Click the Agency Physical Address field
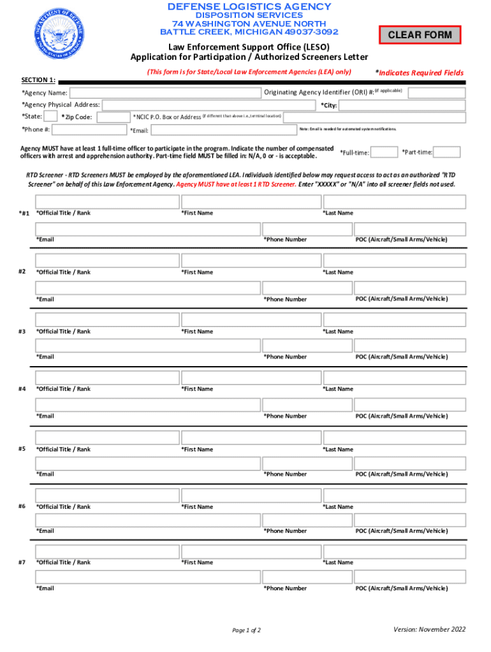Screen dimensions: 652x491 [x=209, y=105]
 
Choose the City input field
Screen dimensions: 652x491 [x=400, y=105]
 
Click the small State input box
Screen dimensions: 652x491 [x=51, y=117]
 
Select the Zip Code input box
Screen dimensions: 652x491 [x=113, y=117]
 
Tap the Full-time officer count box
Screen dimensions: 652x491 [x=385, y=152]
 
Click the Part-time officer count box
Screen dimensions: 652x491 [x=448, y=152]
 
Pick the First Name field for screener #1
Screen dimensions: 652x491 [x=251, y=202]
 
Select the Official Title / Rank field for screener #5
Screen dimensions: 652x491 [x=107, y=437]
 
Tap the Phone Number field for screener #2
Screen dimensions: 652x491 [x=306, y=288]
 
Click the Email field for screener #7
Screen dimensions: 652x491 [x=148, y=577]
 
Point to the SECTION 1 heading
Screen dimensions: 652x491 [x=38, y=80]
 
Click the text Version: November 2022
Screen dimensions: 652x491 [x=429, y=630]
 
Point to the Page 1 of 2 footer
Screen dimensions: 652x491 [x=246, y=630]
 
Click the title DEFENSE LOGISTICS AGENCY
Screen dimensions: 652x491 [x=249, y=7]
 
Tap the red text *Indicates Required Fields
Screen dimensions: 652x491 [x=419, y=73]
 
